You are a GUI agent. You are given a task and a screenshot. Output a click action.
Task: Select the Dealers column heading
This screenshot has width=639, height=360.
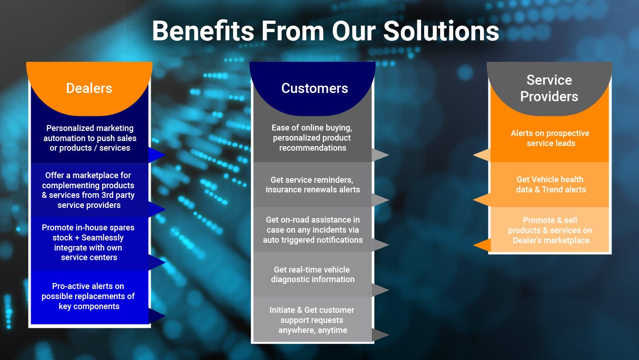(89, 88)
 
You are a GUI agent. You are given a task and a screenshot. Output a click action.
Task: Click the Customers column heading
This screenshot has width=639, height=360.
(315, 88)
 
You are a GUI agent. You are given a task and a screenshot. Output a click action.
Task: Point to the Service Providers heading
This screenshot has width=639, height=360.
(549, 88)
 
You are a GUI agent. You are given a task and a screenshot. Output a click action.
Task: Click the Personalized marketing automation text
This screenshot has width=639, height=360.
(90, 138)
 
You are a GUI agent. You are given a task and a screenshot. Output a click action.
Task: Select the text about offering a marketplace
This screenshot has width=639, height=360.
(88, 190)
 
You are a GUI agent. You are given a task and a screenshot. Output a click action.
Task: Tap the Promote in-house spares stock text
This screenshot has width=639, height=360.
(88, 242)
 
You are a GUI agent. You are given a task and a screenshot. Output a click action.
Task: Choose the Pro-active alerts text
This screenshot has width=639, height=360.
(88, 296)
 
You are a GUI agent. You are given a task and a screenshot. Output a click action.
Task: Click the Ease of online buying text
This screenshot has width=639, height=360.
(312, 138)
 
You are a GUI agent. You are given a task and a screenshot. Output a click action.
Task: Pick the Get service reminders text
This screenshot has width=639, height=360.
(313, 185)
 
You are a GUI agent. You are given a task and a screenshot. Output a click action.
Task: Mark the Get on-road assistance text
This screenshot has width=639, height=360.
(313, 230)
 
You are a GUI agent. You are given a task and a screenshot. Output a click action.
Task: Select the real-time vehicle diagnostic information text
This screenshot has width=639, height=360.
(313, 274)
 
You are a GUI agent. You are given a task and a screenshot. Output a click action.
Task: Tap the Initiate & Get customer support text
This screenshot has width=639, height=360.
(312, 320)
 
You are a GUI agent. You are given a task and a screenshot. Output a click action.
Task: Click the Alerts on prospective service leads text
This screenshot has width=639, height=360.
(550, 138)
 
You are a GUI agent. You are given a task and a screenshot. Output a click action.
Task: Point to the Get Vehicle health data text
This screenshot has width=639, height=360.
(551, 184)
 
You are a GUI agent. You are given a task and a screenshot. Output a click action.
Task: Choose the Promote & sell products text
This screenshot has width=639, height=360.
(550, 230)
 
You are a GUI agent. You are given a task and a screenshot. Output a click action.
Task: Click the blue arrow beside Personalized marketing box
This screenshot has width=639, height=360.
(157, 155)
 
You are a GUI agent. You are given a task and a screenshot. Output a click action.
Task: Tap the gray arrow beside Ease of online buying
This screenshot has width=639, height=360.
(380, 155)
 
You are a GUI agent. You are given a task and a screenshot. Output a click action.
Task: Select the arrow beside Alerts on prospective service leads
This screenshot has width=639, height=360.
(482, 155)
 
